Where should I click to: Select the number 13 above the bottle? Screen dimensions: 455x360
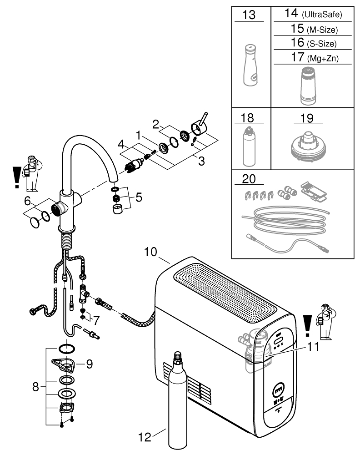click(249, 15)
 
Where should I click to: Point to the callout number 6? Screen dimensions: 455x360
click(27, 200)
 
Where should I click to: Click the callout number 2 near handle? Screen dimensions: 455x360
click(155, 124)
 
